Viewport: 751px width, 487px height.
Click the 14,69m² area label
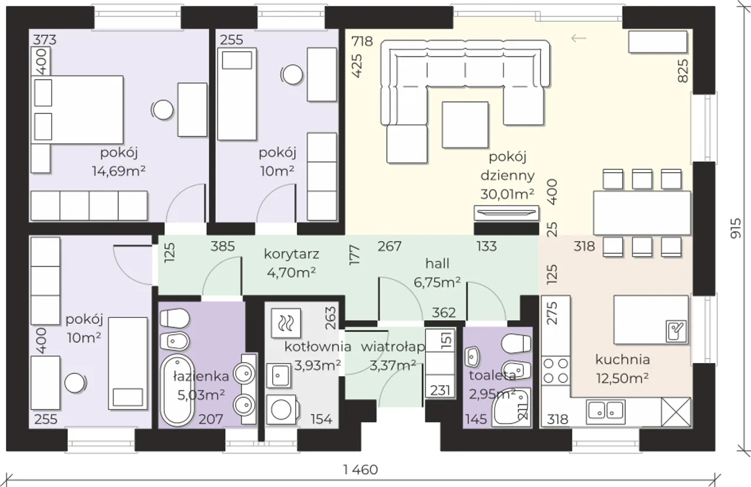click(119, 171)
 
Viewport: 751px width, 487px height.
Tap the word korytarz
click(292, 254)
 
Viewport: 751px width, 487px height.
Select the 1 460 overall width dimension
click(361, 469)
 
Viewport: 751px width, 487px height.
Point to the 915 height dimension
click(736, 229)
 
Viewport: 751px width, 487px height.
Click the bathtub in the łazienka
click(177, 390)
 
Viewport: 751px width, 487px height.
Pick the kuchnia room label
click(623, 360)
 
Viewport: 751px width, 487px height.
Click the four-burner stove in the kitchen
click(556, 371)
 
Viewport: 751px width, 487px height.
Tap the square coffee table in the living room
click(465, 125)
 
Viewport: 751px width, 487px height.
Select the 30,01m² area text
click(508, 194)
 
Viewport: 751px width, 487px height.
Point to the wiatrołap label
click(393, 347)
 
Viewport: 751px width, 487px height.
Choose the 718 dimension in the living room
click(362, 41)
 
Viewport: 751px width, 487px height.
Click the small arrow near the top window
click(579, 38)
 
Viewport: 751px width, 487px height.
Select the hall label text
click(437, 264)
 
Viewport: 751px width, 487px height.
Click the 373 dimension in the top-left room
click(45, 40)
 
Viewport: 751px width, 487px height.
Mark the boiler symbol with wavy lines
click(286, 324)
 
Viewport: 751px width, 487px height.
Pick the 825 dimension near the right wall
click(683, 71)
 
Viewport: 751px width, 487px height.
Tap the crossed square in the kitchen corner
click(676, 412)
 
